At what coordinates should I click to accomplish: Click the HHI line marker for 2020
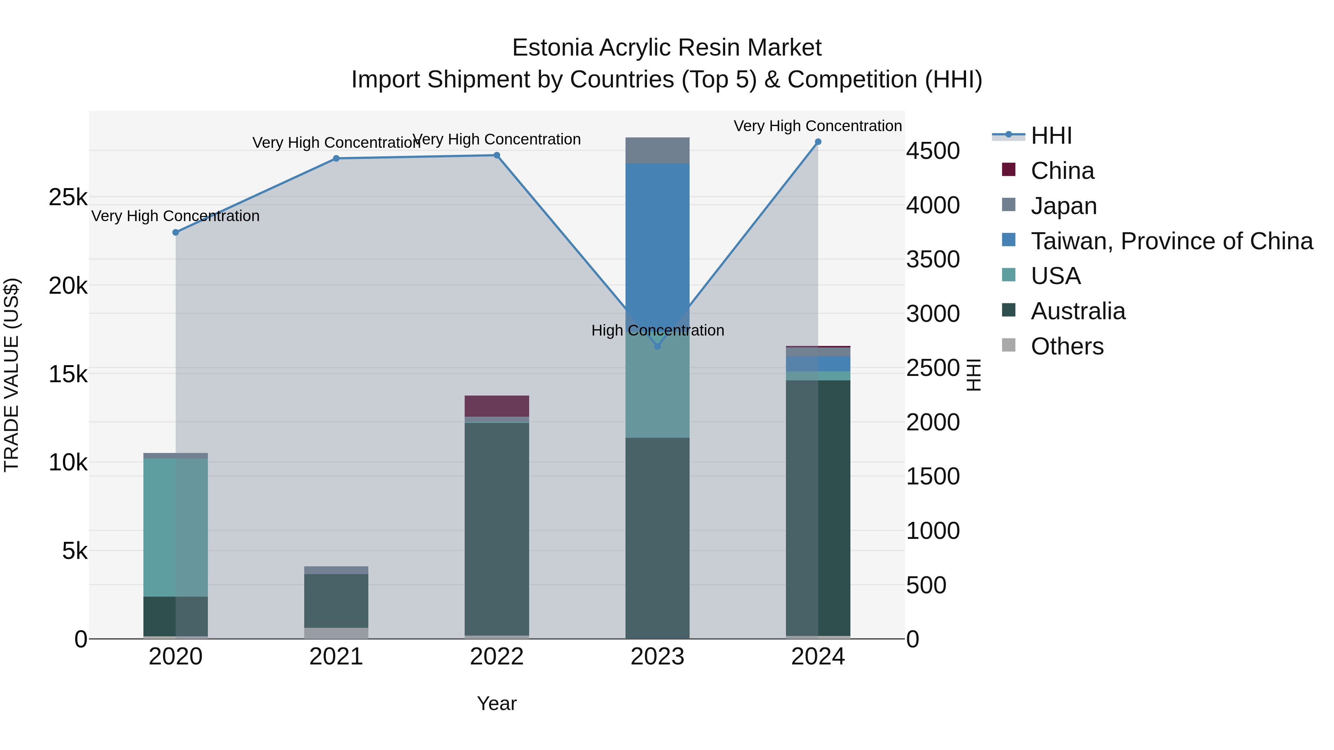point(176,232)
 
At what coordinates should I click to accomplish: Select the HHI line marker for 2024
point(818,142)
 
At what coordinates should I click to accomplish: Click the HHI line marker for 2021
point(336,159)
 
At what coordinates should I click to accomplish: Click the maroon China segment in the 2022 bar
point(497,406)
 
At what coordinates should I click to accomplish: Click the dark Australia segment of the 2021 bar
point(336,600)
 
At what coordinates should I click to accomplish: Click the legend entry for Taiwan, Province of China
point(1171,241)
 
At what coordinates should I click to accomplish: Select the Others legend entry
point(1067,346)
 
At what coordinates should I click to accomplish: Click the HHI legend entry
point(1051,136)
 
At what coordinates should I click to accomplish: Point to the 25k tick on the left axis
point(68,197)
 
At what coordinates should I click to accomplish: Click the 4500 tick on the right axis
point(933,151)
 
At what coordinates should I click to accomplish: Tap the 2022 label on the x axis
point(497,657)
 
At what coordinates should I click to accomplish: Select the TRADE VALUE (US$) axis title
point(11,375)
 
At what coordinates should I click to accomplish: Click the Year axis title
point(497,703)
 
